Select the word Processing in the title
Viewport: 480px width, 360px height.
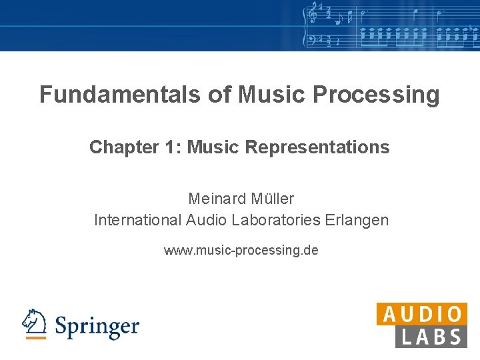pos(375,95)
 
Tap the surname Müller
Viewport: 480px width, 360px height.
pos(273,199)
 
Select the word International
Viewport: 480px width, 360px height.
pos(137,220)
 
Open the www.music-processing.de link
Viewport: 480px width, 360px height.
pos(241,251)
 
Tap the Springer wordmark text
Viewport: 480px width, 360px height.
pos(97,327)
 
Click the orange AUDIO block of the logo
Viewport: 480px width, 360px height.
pos(421,314)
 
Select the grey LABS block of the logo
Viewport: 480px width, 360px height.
pos(431,337)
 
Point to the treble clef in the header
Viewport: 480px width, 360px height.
pos(311,13)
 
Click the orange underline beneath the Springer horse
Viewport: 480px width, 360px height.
pos(35,338)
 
